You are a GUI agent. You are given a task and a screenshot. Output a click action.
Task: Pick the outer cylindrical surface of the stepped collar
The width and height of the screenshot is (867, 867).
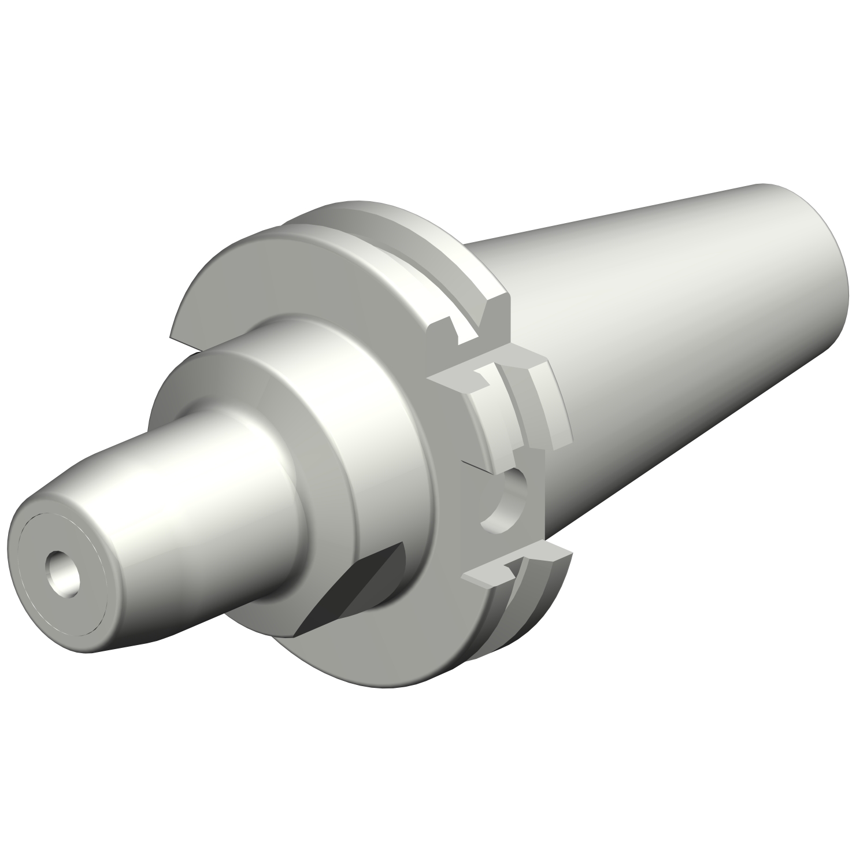tap(324, 370)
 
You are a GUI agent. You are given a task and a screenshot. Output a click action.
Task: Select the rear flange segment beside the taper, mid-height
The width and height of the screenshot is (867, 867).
tap(549, 405)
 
